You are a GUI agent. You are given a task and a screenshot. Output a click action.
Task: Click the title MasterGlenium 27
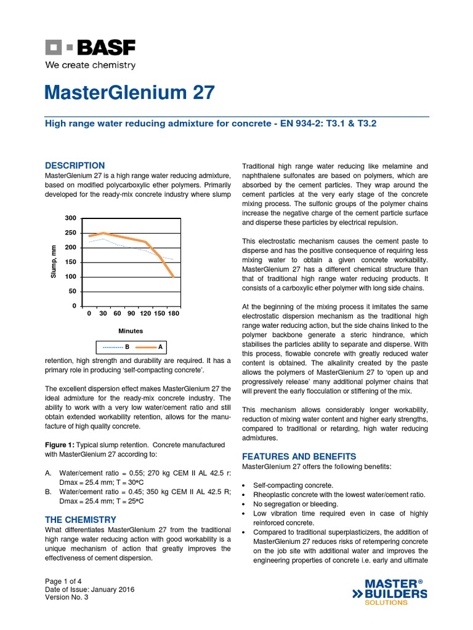[130, 93]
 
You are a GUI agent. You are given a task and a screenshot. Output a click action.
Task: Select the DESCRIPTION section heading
[75, 165]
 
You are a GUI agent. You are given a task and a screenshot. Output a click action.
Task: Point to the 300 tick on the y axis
[71, 218]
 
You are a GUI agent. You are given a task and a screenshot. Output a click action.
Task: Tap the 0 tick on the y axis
[74, 306]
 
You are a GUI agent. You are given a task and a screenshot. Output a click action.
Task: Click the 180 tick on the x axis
[174, 314]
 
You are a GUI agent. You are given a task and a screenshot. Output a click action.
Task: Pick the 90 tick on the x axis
[131, 314]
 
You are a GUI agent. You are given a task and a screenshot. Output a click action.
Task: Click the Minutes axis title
[131, 331]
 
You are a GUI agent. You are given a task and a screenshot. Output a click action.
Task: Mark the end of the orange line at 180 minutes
[174, 277]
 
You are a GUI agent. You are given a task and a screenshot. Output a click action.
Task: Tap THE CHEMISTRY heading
[81, 520]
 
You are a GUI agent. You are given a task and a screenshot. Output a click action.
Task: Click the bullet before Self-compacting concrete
[245, 486]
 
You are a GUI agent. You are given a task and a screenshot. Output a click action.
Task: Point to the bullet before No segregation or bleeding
[245, 504]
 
